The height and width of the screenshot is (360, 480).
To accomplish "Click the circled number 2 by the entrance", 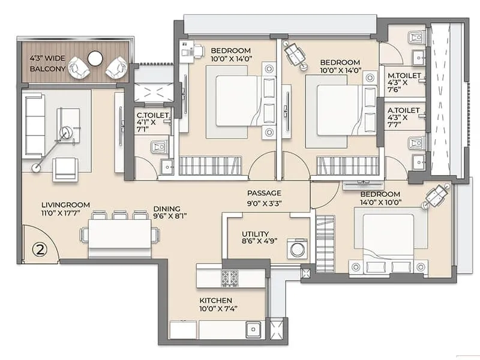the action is coord(40,250).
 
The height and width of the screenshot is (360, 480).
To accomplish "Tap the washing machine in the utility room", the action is coord(297,249).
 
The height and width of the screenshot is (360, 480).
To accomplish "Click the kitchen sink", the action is coord(253,329).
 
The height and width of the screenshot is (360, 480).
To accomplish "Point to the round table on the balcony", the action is coord(95,58).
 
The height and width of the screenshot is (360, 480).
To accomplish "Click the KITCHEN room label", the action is coord(216,301).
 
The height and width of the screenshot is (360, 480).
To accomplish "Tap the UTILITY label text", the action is coord(255,234).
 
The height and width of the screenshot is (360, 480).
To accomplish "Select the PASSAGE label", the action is coord(264,193).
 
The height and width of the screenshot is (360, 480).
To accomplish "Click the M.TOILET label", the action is coord(404,76).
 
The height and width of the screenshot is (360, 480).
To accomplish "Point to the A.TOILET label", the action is coord(403,110).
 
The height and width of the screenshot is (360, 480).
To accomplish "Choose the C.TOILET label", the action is coord(152,115).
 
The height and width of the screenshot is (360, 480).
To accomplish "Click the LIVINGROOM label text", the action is coord(66,205).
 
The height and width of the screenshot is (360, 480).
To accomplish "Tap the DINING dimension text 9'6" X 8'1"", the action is coord(170,216).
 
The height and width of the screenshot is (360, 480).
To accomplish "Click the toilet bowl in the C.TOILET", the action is coord(159,147).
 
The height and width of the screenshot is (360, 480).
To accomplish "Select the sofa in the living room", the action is coord(34,126).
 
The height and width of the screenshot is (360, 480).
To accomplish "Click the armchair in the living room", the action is coord(65,170).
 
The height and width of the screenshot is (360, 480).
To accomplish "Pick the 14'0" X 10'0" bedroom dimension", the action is coord(381,202).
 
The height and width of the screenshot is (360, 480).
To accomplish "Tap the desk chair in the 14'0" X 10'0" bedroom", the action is coord(436,196).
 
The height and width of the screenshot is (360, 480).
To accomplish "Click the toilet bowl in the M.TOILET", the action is coord(417,38).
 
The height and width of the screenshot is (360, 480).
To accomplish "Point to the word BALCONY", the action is coord(47,69).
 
